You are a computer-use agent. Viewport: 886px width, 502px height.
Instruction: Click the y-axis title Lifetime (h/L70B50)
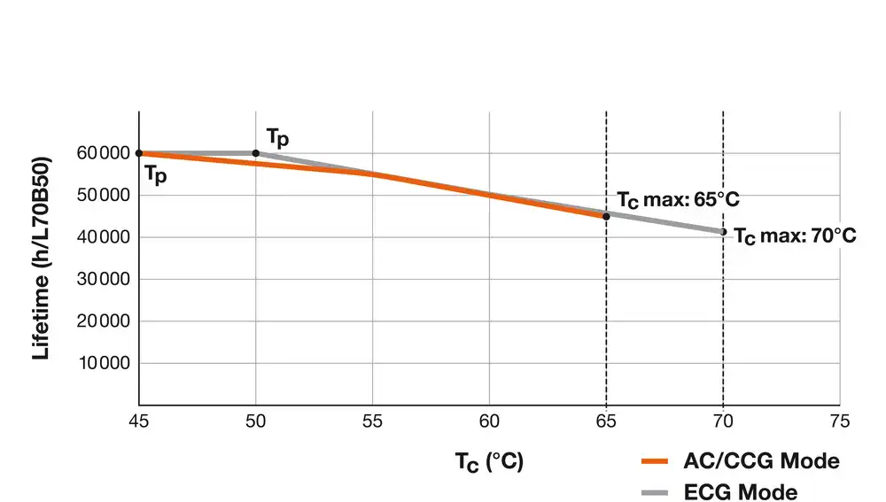click(x=41, y=258)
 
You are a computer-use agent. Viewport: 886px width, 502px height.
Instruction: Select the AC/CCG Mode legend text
click(x=761, y=461)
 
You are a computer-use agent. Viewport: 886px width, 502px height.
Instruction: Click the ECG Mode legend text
click(x=741, y=491)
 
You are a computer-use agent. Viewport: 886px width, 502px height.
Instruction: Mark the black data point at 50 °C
click(x=256, y=153)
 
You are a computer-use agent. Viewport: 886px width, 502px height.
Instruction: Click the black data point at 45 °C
click(x=139, y=153)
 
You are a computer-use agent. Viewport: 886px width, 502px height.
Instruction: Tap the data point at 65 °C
click(x=606, y=216)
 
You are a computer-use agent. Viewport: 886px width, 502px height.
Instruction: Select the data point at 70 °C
click(x=724, y=232)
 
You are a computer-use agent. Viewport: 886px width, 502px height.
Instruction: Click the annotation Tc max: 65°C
click(x=678, y=199)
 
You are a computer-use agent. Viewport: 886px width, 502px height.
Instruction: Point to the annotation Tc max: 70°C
click(x=795, y=236)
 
